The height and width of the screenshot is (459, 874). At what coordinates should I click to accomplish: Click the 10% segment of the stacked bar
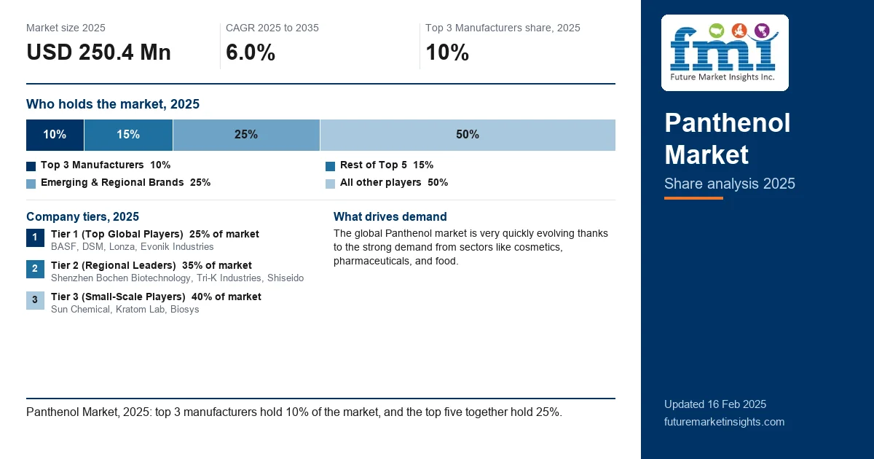[x=55, y=135]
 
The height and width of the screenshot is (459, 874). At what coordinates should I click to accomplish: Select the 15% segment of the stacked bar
[x=128, y=135]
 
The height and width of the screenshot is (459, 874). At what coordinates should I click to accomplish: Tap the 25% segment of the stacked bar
[x=246, y=135]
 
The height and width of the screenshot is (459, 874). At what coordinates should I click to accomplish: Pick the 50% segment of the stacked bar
[x=468, y=135]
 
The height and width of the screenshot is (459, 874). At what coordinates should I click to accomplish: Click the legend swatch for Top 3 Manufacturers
[x=31, y=166]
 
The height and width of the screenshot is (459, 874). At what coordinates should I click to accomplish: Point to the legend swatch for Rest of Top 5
[x=330, y=166]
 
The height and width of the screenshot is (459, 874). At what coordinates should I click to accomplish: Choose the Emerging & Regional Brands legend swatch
[x=31, y=184]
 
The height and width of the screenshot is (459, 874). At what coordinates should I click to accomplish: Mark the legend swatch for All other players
[x=330, y=184]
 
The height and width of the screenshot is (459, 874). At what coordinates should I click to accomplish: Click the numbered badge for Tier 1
[x=35, y=238]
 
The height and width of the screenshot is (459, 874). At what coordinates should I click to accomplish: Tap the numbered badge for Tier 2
[x=35, y=269]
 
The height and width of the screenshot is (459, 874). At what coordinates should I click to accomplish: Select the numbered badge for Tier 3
[x=35, y=300]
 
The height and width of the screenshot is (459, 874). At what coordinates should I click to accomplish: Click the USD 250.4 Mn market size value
[x=99, y=52]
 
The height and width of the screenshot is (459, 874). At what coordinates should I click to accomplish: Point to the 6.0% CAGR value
[x=251, y=52]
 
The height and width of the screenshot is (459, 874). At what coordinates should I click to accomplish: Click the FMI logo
[x=725, y=52]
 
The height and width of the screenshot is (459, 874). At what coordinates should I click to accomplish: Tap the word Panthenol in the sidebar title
[x=728, y=123]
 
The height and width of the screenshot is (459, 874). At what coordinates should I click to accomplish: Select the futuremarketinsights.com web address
[x=724, y=422]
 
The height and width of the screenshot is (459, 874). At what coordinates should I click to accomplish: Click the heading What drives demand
[x=390, y=216]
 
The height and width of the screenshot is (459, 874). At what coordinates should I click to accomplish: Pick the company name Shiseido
[x=286, y=278]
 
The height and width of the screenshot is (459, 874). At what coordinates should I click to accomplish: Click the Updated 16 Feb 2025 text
[x=715, y=404]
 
